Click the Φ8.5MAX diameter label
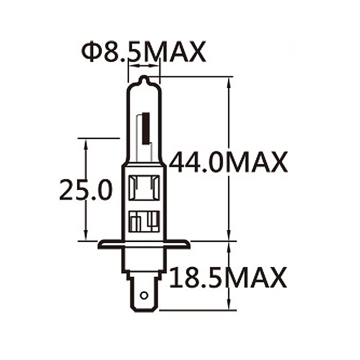(x=143, y=52)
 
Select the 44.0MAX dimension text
(x=228, y=162)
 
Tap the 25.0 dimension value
(x=85, y=190)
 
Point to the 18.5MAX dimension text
(x=228, y=277)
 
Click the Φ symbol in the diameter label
(x=90, y=52)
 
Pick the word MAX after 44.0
(x=257, y=162)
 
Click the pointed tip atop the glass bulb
(x=144, y=79)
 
